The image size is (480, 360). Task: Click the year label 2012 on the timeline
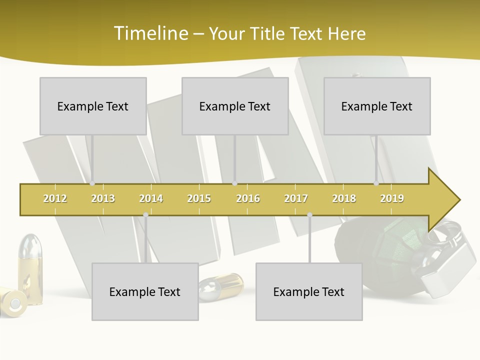(x=55, y=198)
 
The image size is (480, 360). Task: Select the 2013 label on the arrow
(x=103, y=198)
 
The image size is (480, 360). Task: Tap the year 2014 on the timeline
(x=151, y=198)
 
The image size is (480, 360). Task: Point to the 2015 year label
(x=199, y=198)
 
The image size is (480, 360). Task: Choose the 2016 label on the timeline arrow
(x=248, y=198)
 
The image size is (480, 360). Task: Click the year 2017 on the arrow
(x=296, y=198)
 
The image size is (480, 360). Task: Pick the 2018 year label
(x=344, y=198)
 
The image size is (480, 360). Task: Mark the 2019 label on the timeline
(x=392, y=198)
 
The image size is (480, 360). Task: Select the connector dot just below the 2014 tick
(x=145, y=215)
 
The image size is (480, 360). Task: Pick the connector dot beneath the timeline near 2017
(x=309, y=215)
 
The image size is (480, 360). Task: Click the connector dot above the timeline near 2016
(x=234, y=183)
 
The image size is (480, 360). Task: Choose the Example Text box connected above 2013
(x=93, y=106)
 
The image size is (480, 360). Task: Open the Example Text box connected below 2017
(x=309, y=291)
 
